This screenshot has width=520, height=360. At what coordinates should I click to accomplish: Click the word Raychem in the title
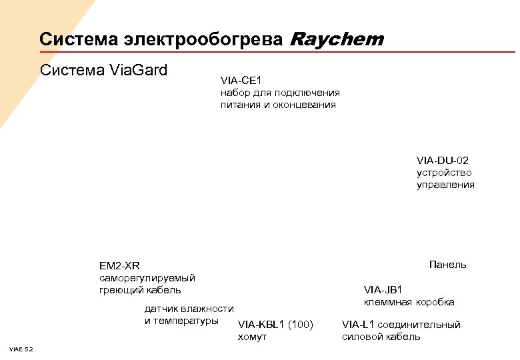pos(337,40)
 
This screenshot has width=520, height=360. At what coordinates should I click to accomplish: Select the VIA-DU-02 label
pos(443,161)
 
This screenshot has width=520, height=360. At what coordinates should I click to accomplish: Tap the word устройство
pos(444,173)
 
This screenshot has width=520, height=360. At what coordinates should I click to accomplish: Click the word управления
pos(446,185)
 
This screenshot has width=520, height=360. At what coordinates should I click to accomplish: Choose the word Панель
pos(448,265)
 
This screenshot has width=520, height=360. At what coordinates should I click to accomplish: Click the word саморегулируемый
pos(147,278)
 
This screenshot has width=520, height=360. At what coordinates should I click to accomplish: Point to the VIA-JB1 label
pos(383,289)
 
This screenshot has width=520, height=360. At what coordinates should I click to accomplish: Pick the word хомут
pos(252,337)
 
